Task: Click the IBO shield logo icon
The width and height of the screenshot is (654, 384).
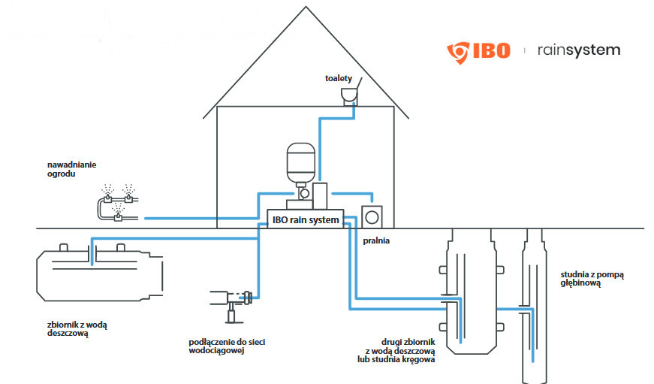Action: [x=457, y=51]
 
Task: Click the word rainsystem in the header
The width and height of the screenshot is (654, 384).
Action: [x=578, y=50]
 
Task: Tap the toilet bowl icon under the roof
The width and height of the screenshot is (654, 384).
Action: [x=349, y=95]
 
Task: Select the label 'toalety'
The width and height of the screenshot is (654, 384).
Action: [x=339, y=78]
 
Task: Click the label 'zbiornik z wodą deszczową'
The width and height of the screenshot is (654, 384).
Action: [x=77, y=328]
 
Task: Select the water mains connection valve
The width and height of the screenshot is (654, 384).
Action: [x=233, y=297]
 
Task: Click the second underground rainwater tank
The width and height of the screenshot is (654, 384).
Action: [x=471, y=293]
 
